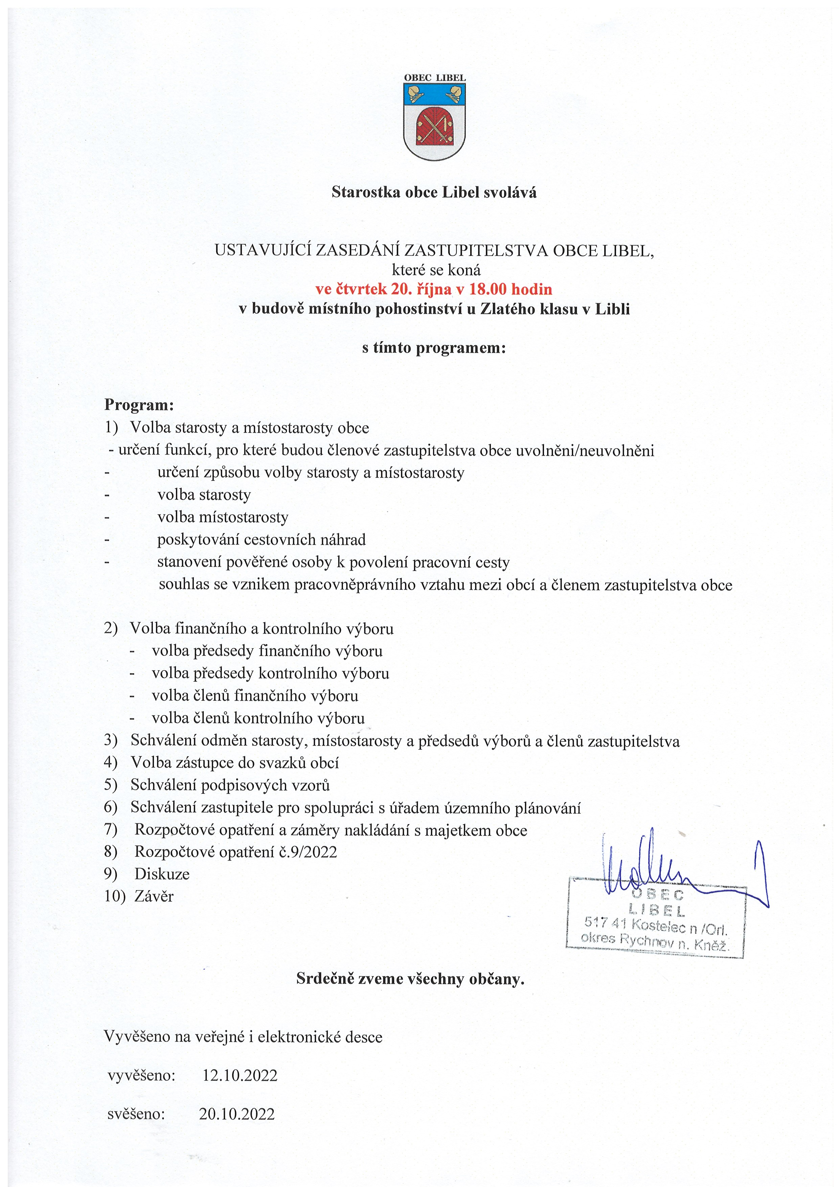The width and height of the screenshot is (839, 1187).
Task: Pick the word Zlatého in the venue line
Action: pos(504,309)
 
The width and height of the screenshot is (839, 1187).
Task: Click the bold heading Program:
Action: pos(139,404)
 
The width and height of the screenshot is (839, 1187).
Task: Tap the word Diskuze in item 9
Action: pos(162,874)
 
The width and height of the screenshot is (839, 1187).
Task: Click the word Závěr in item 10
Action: pos(154,896)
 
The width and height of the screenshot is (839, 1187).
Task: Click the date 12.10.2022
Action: pos(240,1076)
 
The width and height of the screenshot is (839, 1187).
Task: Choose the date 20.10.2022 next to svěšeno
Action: pos(237,1114)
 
